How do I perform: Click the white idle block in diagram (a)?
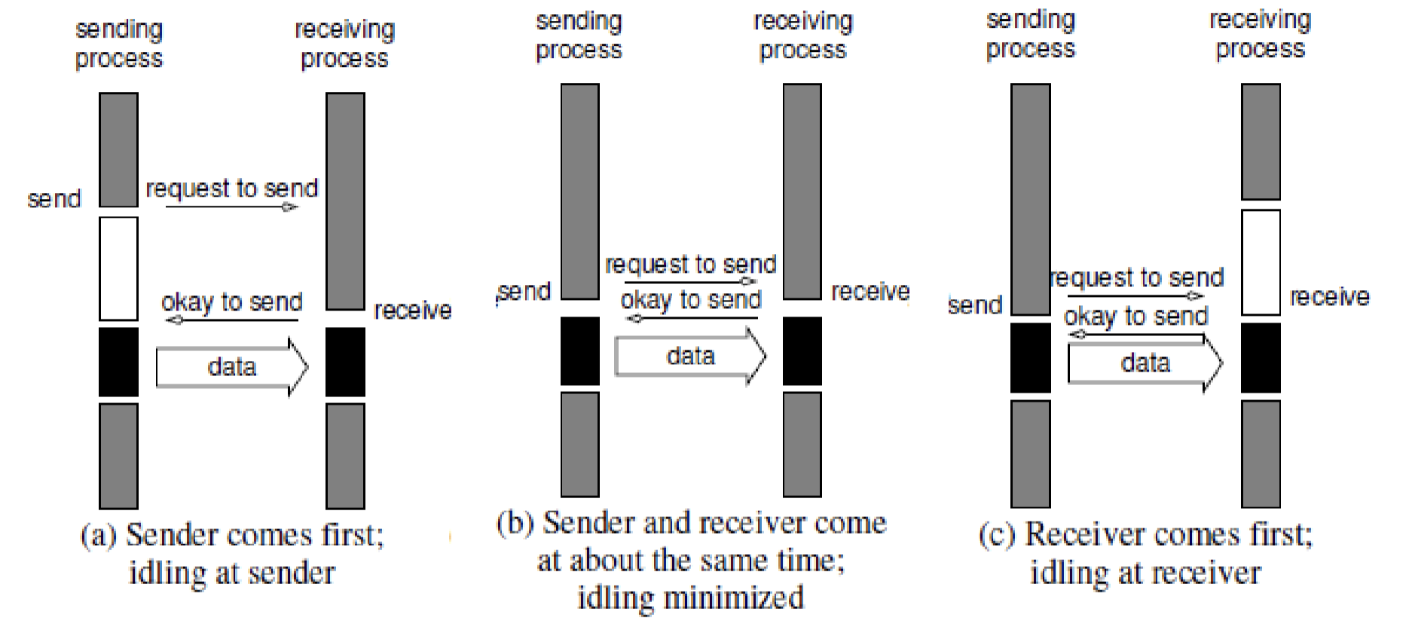pos(118,268)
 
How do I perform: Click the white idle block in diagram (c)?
pos(1261,262)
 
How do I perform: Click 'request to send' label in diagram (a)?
pos(232,188)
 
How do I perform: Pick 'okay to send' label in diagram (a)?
pos(232,302)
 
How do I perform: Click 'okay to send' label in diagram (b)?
pos(691,300)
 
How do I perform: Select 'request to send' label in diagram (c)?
pos(1137,278)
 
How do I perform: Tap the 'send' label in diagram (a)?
pos(53,200)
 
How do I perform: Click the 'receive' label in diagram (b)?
pos(870,292)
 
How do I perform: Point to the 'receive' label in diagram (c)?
pos(1329,297)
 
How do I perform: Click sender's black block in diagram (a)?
pos(118,362)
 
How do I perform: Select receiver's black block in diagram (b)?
pos(802,351)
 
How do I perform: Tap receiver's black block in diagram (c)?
pos(1261,358)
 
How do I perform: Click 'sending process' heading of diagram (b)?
pos(579,35)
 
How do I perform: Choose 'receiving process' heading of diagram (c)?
pos(1260,34)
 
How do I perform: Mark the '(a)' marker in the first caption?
pos(98,536)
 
